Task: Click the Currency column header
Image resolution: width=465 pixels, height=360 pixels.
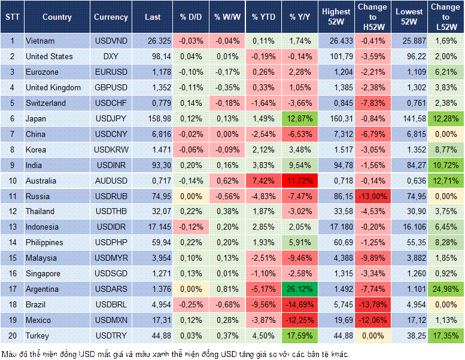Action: point(111,17)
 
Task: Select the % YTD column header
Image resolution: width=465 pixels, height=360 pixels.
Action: point(263,17)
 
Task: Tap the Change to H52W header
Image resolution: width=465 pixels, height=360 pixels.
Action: point(372,17)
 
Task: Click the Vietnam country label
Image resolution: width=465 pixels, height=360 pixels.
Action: point(40,41)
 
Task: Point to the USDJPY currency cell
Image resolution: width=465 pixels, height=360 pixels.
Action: point(111,118)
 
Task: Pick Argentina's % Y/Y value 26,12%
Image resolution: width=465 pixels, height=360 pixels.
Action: point(300,289)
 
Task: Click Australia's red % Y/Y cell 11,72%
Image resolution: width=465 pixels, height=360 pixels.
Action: point(300,181)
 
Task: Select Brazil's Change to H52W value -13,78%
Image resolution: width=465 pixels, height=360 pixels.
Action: point(372,304)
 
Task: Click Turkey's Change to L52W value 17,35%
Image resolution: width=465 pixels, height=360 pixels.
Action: point(445,335)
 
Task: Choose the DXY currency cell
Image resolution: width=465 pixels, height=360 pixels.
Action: point(111,56)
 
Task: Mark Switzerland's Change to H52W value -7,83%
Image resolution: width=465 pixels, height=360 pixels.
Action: point(372,103)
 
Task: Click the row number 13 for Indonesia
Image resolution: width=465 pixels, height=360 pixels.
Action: point(12,227)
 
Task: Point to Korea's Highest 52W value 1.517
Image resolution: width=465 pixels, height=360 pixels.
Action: point(336,150)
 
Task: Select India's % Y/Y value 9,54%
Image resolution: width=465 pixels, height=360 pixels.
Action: point(300,165)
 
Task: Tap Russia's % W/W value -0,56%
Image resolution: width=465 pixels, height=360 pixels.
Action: point(227,196)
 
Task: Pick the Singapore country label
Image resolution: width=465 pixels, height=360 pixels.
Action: point(43,273)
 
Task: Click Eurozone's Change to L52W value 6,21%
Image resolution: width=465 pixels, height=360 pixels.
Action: point(445,72)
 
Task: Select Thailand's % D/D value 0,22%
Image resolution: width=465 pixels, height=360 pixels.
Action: point(191,212)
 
